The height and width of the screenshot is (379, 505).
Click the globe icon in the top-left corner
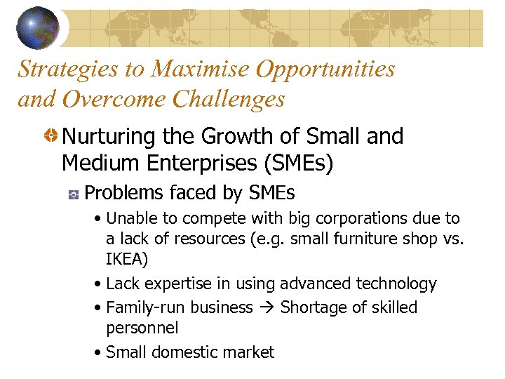38,28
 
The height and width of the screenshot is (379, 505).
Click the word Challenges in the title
228,99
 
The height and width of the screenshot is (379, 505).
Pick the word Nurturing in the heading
106,136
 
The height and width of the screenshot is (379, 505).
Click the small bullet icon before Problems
72,194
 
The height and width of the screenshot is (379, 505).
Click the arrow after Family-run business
266,307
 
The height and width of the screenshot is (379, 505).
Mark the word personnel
142,328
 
